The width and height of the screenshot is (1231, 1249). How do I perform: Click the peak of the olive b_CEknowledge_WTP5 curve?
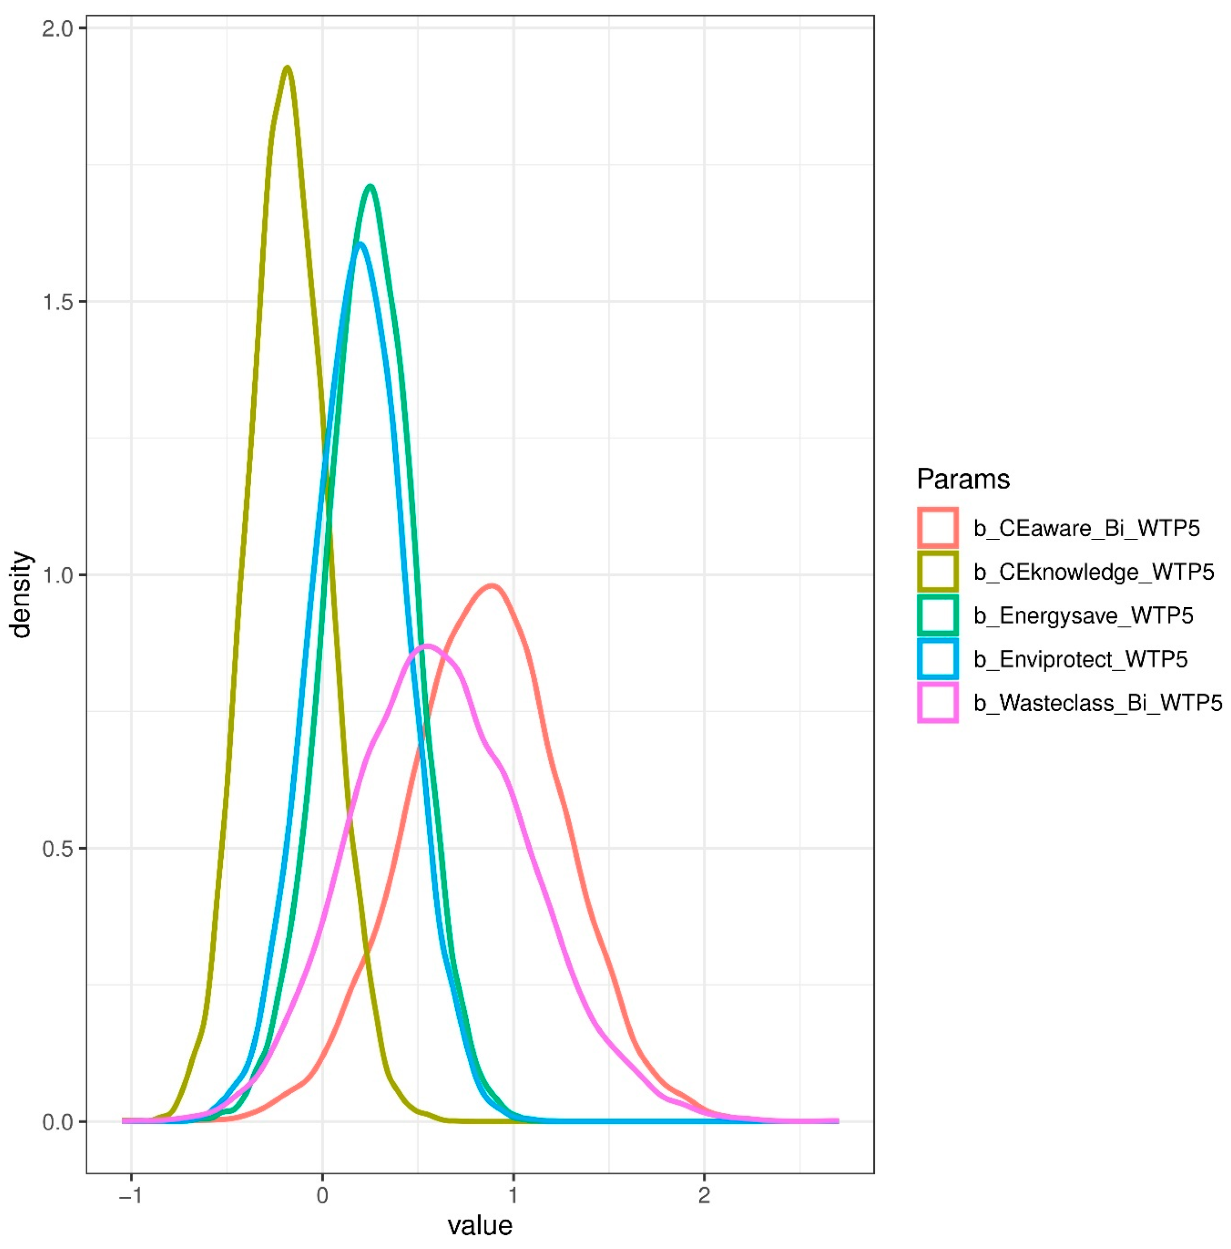coord(288,68)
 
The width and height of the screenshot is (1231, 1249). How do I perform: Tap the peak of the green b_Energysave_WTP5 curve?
coord(370,187)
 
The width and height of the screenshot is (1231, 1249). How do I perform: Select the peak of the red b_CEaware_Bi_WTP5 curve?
coord(493,586)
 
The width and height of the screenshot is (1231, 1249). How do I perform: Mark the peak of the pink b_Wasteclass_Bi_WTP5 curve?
coord(427,646)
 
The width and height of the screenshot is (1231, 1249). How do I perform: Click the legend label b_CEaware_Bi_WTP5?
coord(1086,528)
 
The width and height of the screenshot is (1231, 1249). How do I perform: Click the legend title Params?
coord(963,479)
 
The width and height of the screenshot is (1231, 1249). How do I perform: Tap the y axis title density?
coord(21,594)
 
